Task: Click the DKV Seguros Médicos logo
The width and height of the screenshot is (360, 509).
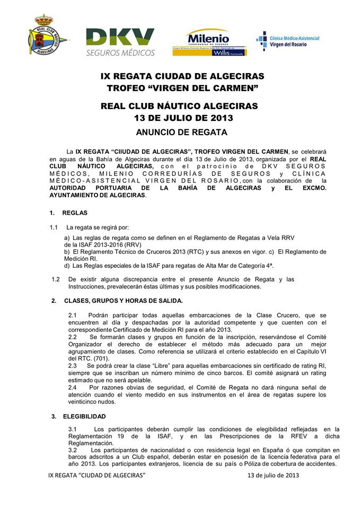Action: click(120, 42)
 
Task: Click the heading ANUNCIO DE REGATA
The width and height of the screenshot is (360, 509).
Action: click(181, 132)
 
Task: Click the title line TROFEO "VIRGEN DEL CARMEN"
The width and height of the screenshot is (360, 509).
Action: click(182, 87)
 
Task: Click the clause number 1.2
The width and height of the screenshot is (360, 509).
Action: click(56, 279)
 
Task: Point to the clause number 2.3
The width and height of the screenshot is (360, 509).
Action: click(74, 366)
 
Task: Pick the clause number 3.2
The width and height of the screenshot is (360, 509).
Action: click(74, 450)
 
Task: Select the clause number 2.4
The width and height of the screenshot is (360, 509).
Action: click(74, 388)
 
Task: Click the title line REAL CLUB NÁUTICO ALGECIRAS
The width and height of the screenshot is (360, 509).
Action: click(179, 106)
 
